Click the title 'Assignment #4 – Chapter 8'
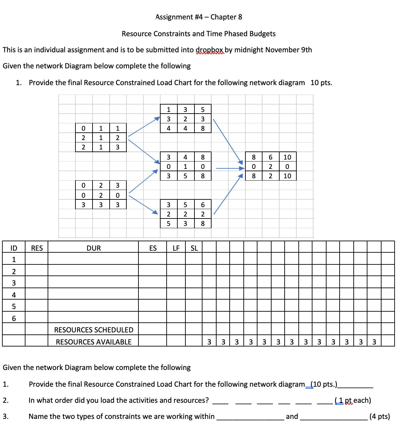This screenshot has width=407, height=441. [198, 17]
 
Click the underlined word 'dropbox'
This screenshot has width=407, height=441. [210, 50]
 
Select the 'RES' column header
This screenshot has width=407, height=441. [37, 248]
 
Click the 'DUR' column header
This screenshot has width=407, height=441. [94, 248]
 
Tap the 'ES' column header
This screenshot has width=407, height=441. [153, 248]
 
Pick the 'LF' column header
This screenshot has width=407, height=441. [176, 248]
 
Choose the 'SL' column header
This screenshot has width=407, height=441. [194, 248]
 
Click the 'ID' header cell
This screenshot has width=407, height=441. [14, 248]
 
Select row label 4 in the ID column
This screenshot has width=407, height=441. [14, 295]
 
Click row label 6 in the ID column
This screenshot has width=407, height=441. [14, 318]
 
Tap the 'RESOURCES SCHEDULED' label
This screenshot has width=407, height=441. [94, 330]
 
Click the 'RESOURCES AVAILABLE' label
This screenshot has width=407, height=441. [94, 342]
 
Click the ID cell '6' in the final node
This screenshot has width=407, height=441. [271, 157]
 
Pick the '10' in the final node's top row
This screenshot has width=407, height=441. [287, 157]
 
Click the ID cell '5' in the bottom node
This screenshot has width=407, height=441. [185, 205]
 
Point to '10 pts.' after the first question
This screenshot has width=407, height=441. [321, 83]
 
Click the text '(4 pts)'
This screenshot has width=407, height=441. [380, 417]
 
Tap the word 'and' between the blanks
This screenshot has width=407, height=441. [292, 417]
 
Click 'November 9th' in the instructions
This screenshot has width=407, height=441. [288, 50]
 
